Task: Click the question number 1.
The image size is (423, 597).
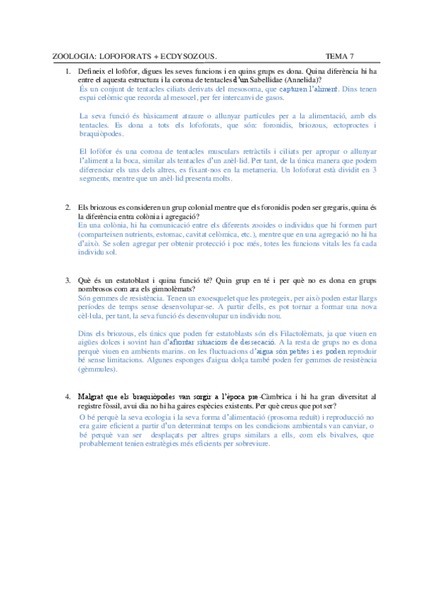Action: click(x=68, y=72)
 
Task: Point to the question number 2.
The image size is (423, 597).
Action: click(x=68, y=207)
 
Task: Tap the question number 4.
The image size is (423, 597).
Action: click(x=68, y=397)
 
